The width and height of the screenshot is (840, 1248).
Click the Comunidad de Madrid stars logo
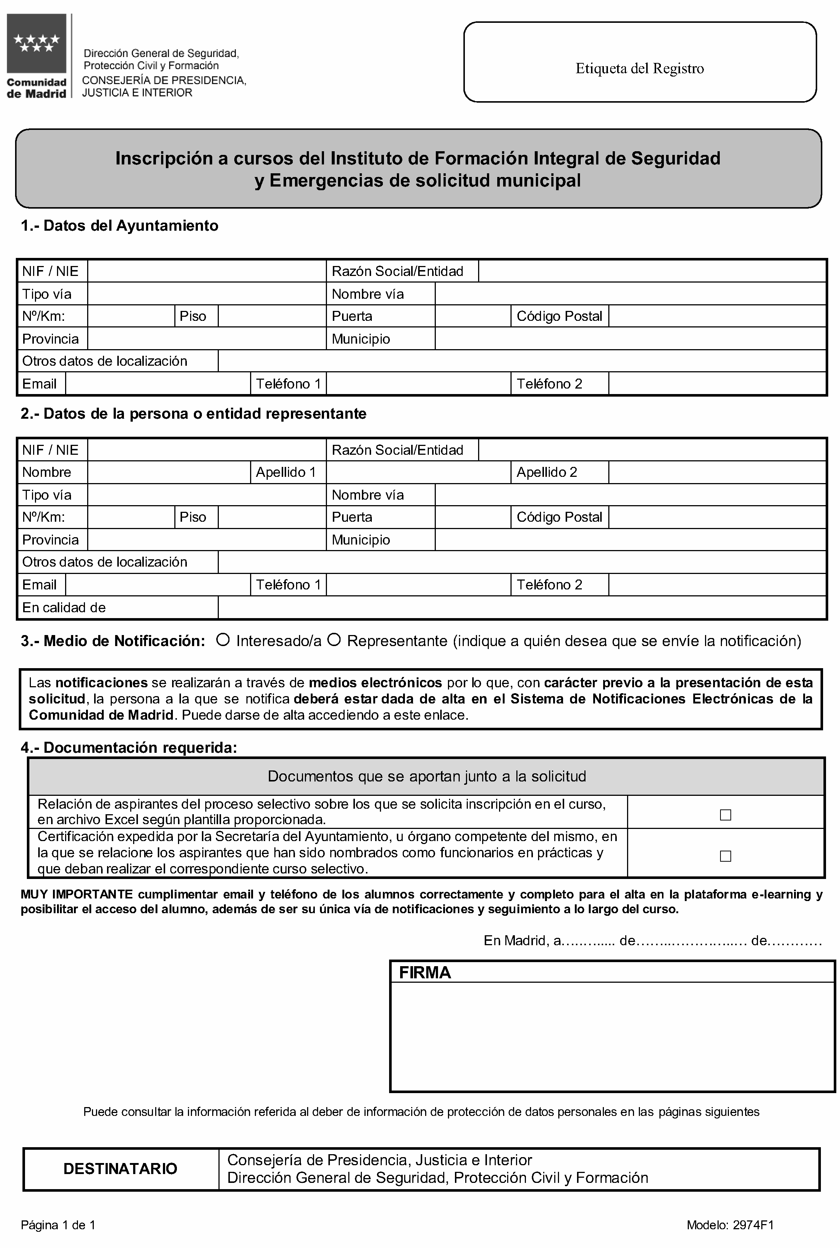click(x=36, y=43)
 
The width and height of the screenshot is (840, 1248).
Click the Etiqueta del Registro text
click(x=639, y=68)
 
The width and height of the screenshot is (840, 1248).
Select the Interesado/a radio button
click(x=223, y=640)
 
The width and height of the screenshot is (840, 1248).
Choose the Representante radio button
click(x=334, y=640)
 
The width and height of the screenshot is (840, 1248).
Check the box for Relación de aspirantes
click(x=725, y=815)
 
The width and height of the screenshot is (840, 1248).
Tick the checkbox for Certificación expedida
click(x=725, y=856)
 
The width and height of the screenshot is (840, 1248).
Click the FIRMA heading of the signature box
click(x=425, y=972)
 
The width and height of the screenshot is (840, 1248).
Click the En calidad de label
click(x=64, y=608)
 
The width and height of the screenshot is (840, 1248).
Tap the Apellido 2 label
click(x=547, y=472)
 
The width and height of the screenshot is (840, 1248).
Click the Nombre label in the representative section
click(x=47, y=472)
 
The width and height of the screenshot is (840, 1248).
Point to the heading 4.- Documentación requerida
click(x=129, y=748)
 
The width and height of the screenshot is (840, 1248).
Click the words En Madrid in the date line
click(x=515, y=940)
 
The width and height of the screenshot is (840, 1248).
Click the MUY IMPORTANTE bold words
click(x=76, y=894)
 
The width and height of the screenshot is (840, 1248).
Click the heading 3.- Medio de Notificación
click(x=113, y=641)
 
